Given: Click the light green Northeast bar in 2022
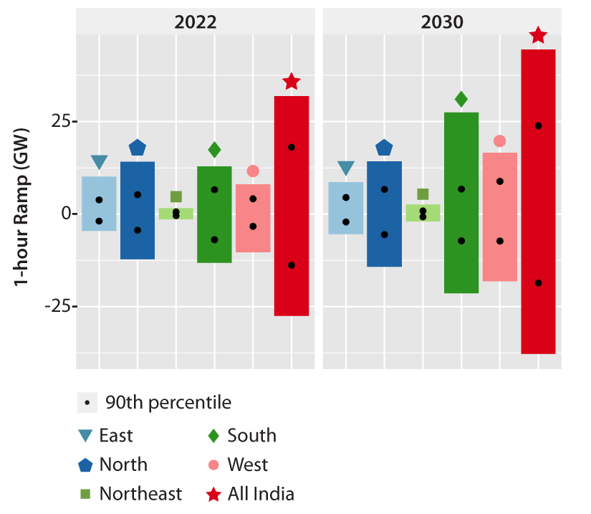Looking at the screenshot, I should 176,213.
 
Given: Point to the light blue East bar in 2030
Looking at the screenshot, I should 346,208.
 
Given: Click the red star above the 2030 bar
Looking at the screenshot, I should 538,35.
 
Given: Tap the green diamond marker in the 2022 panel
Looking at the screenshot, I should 214,150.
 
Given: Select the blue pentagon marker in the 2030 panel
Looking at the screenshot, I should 385,148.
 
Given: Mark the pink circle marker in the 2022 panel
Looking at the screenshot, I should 253,171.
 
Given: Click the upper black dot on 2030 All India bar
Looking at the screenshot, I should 538,125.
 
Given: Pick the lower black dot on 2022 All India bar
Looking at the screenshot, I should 292,265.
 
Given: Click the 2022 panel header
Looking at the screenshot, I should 196,22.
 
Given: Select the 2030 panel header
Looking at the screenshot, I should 442,22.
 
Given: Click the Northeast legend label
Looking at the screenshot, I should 140,494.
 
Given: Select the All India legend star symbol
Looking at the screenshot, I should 213,494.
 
